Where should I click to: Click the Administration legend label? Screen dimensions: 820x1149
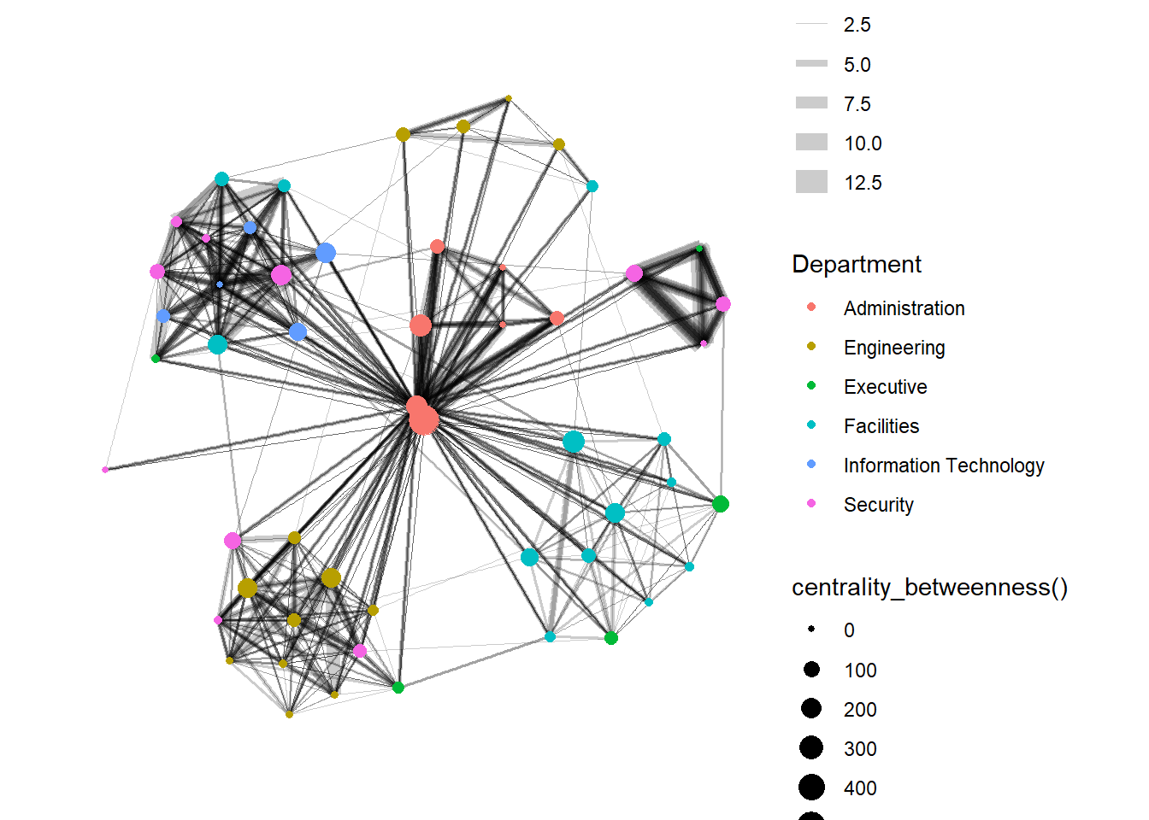click(x=904, y=308)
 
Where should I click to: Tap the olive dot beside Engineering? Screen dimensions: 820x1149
click(x=811, y=346)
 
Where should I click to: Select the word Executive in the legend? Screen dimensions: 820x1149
click(x=885, y=387)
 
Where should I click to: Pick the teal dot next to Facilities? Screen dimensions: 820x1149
click(x=811, y=425)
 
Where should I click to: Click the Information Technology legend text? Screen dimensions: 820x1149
click(x=943, y=466)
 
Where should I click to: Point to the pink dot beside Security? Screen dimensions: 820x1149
click(x=811, y=503)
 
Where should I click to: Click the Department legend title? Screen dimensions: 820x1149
click(x=857, y=264)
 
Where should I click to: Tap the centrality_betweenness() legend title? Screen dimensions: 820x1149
click(x=929, y=588)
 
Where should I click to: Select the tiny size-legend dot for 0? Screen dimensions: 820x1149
click(x=811, y=630)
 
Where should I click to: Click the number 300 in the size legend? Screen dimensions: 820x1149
click(x=860, y=749)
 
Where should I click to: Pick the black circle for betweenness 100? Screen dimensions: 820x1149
click(x=811, y=670)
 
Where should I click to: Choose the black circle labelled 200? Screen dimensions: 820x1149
click(x=811, y=708)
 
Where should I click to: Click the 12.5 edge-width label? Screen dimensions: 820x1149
click(x=863, y=183)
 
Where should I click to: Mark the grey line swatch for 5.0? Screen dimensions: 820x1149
click(x=811, y=63)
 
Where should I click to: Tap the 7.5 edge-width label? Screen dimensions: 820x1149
click(x=857, y=104)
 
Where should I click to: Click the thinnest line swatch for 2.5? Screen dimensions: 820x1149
click(x=811, y=24)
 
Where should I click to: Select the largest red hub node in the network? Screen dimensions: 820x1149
click(x=424, y=420)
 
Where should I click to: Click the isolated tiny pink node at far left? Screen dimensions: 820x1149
click(x=105, y=470)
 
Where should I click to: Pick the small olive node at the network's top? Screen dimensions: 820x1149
click(x=509, y=98)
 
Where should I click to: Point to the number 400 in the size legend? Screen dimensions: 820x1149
click(x=860, y=788)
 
